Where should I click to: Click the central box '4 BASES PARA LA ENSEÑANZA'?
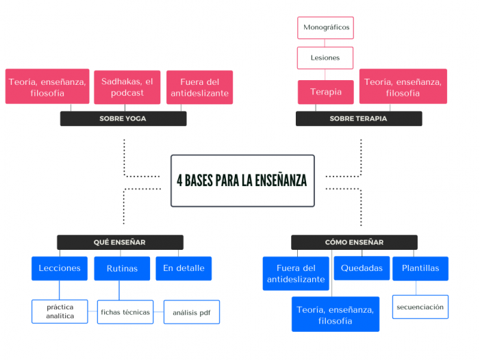(242, 181)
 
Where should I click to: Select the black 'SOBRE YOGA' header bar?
(123, 118)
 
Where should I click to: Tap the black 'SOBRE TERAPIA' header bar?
(358, 118)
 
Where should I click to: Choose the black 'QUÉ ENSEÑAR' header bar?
(120, 242)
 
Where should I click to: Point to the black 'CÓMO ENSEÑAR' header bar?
(354, 242)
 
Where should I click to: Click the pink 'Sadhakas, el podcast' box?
(127, 87)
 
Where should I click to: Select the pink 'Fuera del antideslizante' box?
(199, 87)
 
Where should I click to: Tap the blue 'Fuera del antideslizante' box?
(296, 273)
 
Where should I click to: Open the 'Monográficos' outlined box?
(325, 28)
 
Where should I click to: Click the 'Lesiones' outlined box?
(325, 58)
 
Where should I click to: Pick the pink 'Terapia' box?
(325, 92)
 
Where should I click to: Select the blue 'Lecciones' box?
(60, 268)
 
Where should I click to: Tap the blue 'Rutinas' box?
(122, 268)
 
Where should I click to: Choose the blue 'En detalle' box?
(184, 268)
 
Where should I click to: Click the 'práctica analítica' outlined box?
(60, 311)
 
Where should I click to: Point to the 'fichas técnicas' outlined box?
(125, 312)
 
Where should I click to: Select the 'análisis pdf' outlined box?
(192, 312)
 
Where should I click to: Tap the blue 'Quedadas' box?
(362, 268)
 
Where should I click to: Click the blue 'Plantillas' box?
(420, 268)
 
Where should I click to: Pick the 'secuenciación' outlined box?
(420, 307)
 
